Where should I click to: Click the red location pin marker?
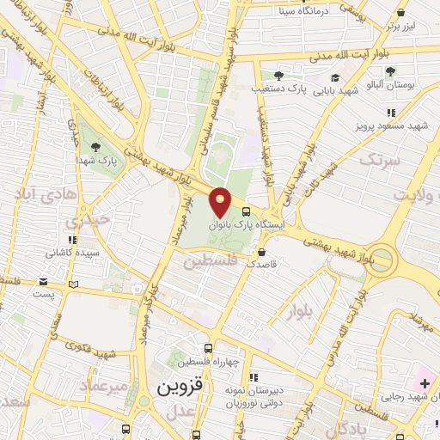(221, 201)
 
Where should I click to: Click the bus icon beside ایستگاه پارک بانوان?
(247, 211)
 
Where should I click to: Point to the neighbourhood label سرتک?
(380, 160)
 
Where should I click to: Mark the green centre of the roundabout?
(384, 260)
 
